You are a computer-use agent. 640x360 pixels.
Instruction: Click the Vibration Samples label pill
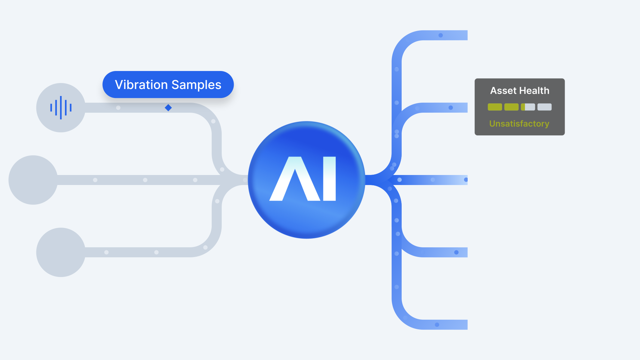point(168,84)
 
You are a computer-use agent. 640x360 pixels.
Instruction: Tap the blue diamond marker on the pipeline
point(168,108)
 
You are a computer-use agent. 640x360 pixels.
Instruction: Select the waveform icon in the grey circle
point(61,108)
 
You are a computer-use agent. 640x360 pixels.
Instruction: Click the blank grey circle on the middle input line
point(33,180)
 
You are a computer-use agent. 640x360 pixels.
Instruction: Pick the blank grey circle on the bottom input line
point(61,252)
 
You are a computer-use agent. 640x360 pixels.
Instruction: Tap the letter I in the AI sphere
point(329,179)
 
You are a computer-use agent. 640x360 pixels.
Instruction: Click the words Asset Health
point(519,91)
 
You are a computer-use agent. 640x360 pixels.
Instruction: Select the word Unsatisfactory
point(519,124)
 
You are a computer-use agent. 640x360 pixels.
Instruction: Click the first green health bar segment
point(495,107)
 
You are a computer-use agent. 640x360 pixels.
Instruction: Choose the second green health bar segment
point(511,107)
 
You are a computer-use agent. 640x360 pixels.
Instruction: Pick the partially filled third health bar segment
point(528,107)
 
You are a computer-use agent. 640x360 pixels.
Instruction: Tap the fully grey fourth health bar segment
point(544,107)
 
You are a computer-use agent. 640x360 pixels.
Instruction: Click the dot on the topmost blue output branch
point(441,35)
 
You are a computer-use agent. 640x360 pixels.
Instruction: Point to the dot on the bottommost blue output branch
point(437,325)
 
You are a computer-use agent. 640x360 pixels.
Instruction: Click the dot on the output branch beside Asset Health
point(451,108)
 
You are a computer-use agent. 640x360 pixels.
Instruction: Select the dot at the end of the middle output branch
point(466,180)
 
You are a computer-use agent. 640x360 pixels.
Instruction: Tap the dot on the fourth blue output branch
point(456,252)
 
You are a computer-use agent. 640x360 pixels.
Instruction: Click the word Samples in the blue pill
point(196,85)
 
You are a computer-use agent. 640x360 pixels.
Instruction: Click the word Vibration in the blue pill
point(141,85)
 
